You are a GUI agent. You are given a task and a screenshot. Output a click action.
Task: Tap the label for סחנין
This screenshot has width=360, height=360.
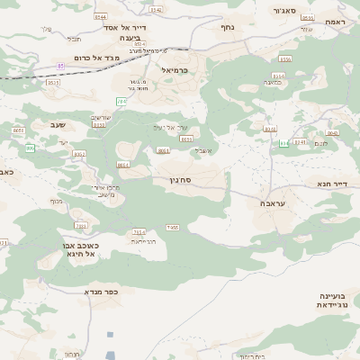[179, 180]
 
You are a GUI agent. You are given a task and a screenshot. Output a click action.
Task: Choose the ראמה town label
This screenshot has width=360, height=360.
[336, 21]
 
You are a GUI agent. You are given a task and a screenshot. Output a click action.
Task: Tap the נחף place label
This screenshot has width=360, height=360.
[228, 28]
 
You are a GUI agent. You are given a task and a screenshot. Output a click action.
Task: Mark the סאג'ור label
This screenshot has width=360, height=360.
[282, 12]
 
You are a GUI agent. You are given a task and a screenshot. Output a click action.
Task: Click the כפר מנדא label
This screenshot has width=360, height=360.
[102, 292]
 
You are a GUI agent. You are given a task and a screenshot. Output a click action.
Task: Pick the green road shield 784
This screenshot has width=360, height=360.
[121, 102]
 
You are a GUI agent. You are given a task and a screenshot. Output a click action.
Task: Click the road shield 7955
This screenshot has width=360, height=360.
[173, 228]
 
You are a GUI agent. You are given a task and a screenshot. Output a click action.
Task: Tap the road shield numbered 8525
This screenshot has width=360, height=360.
[53, 83]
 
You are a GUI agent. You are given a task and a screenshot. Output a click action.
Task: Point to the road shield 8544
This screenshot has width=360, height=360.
[100, 16]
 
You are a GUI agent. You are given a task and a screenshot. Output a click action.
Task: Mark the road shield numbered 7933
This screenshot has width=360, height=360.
[81, 227]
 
